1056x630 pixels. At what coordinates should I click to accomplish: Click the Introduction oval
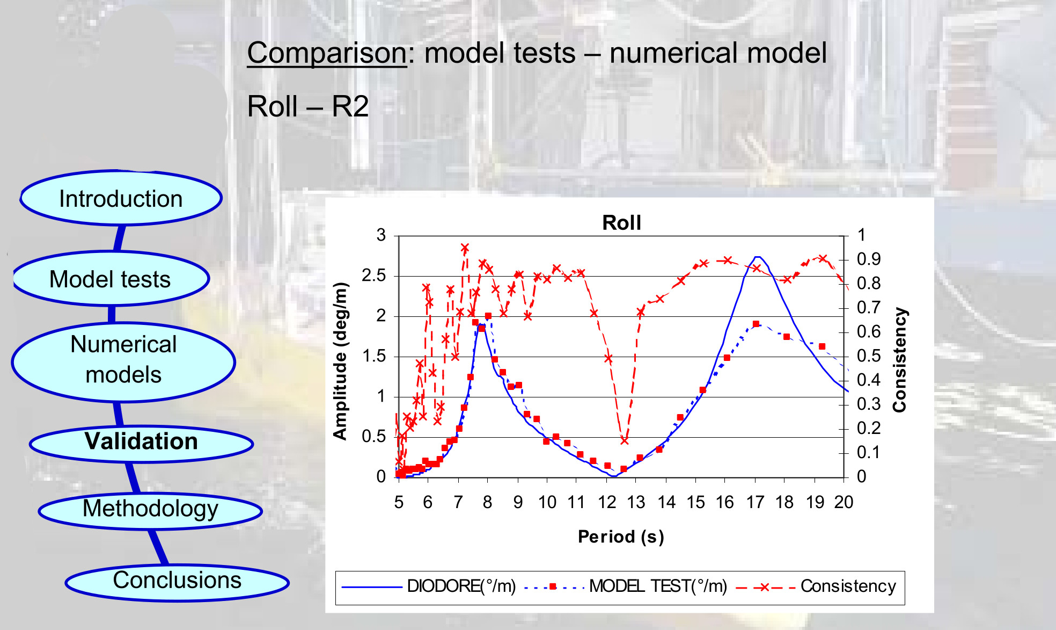tap(121, 199)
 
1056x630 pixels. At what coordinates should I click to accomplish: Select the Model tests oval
tap(110, 279)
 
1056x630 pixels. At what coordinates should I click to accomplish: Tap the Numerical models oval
tap(123, 360)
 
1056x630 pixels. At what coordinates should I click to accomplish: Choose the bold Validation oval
tap(141, 441)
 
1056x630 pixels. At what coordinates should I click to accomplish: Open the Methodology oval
tap(150, 509)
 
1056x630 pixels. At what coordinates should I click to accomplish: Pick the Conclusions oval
tap(177, 581)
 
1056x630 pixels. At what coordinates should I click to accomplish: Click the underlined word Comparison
tap(326, 53)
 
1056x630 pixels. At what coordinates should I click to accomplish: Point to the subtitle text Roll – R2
tap(307, 106)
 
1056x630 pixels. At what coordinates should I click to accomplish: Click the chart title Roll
tap(621, 222)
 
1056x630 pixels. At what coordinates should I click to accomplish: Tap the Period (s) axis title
tap(621, 537)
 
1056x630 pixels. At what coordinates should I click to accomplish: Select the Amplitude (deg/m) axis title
tap(340, 361)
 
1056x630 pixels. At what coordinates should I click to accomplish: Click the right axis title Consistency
tap(899, 360)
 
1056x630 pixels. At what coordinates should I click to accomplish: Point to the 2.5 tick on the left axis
tap(373, 276)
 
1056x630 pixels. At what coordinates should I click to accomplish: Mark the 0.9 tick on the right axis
tap(868, 259)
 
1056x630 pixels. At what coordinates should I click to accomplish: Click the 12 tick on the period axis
tap(607, 502)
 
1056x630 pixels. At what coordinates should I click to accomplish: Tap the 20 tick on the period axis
tap(844, 502)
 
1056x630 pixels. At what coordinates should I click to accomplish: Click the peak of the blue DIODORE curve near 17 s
tap(757, 257)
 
